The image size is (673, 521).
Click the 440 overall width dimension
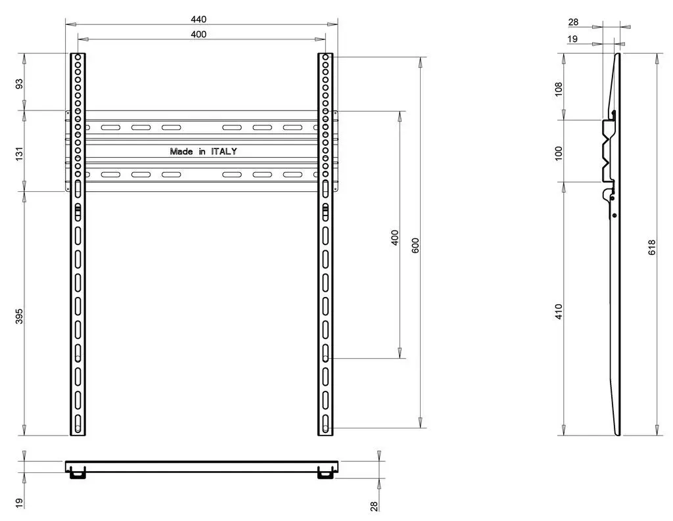[x=198, y=19]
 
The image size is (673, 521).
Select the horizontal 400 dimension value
[x=198, y=34]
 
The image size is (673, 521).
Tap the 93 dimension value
[x=19, y=83]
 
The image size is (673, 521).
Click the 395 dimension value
[x=19, y=315]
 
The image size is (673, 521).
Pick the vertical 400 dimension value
[x=394, y=237]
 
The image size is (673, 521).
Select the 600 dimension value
[x=415, y=245]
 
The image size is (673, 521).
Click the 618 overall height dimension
[x=651, y=247]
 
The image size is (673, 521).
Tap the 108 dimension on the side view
[x=559, y=89]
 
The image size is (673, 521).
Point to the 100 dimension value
[x=559, y=152]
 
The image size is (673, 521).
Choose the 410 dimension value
[x=559, y=311]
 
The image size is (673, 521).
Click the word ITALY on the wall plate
[x=224, y=151]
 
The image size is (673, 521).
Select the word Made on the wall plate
[x=182, y=151]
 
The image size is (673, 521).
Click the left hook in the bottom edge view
[x=78, y=473]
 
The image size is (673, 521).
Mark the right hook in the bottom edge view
[x=325, y=473]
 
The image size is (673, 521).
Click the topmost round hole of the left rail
[x=78, y=58]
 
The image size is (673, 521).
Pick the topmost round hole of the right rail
[x=325, y=58]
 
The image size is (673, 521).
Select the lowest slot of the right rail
[x=325, y=423]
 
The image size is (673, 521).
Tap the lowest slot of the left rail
[x=78, y=423]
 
